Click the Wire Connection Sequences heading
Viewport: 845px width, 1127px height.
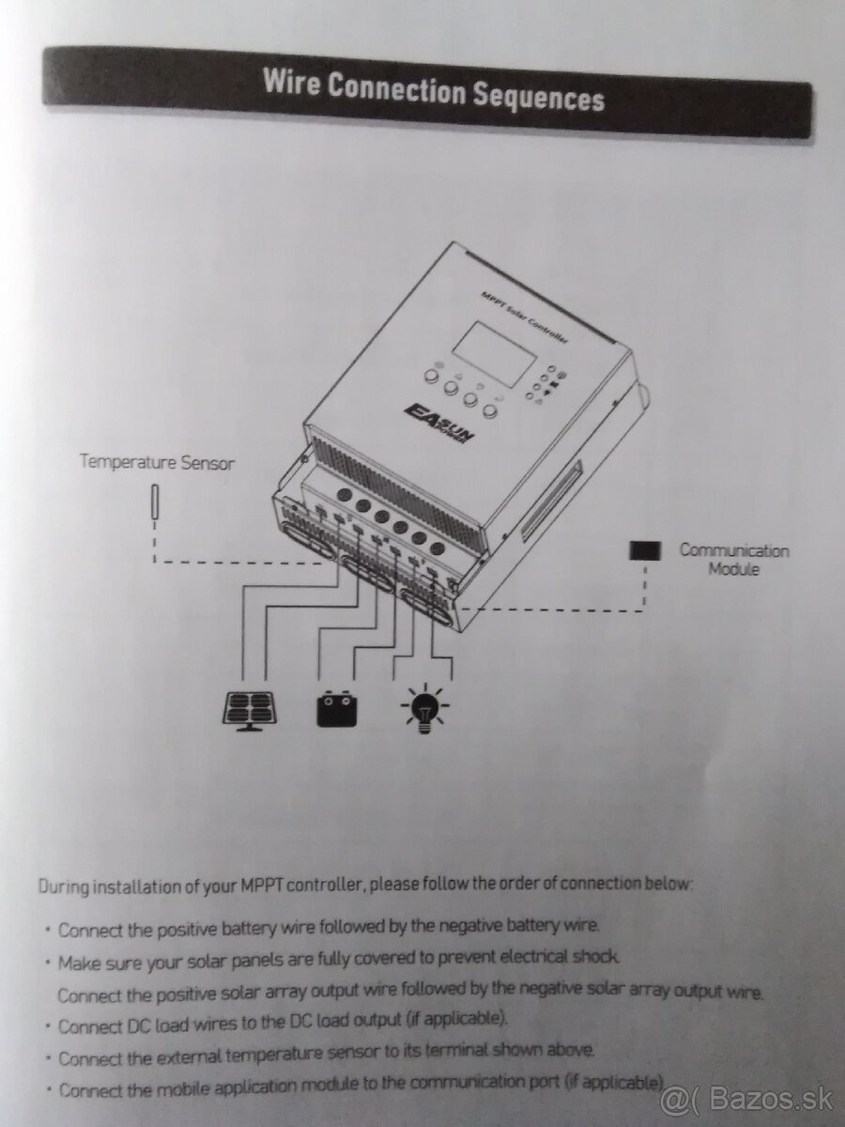(x=434, y=90)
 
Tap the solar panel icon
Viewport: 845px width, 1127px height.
(x=250, y=711)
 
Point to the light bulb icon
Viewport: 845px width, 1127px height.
(x=424, y=707)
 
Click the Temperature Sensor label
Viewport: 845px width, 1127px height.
(x=157, y=462)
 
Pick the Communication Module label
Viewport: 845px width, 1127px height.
(x=734, y=560)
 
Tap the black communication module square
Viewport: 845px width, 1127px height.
(x=645, y=550)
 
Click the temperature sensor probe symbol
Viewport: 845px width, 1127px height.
(x=154, y=502)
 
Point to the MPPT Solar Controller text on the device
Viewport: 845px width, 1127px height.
(x=524, y=317)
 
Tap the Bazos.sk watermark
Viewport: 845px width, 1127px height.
(x=747, y=1099)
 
